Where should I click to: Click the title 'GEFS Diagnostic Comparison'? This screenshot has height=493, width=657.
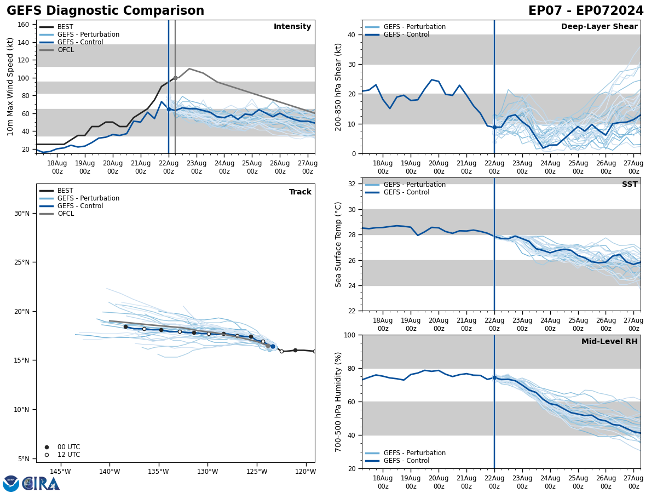[105, 11]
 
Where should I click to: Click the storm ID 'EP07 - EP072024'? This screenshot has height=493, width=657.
[586, 11]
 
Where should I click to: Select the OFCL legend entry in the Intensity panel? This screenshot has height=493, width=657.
[65, 50]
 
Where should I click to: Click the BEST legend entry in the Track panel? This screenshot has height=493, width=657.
[65, 191]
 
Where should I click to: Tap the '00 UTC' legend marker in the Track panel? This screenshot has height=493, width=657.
[47, 447]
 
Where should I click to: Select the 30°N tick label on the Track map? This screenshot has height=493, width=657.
[22, 214]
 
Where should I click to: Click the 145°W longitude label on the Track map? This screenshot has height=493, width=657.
[60, 472]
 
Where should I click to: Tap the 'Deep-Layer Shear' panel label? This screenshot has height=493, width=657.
[599, 27]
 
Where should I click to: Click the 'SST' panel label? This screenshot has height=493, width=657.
[629, 185]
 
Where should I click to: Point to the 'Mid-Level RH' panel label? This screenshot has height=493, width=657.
[609, 342]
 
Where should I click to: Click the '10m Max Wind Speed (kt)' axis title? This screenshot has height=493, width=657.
[10, 87]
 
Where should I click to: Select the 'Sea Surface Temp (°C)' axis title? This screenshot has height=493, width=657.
[338, 244]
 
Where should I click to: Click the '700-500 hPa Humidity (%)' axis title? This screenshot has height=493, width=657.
[338, 402]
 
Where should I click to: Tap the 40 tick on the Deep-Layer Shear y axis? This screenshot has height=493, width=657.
[351, 35]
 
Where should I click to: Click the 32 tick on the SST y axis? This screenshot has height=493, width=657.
[353, 184]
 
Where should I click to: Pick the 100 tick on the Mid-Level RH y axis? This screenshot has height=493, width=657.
[349, 335]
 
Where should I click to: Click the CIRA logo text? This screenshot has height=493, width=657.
[41, 484]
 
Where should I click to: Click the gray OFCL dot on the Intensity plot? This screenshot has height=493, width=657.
[175, 78]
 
